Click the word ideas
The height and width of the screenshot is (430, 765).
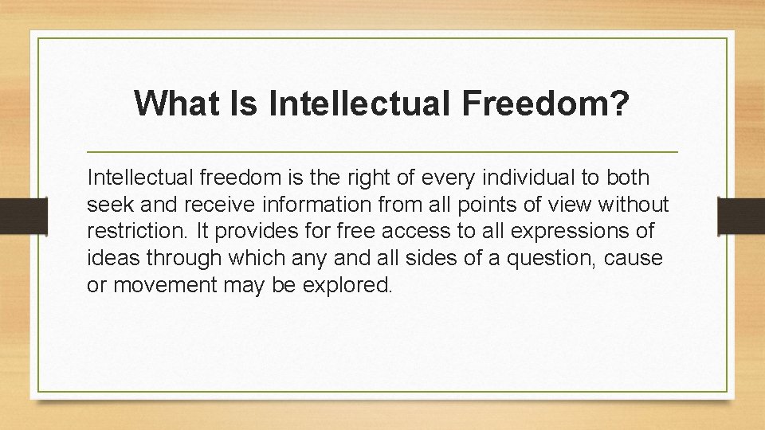(x=112, y=259)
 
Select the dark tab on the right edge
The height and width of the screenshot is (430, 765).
(x=741, y=215)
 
